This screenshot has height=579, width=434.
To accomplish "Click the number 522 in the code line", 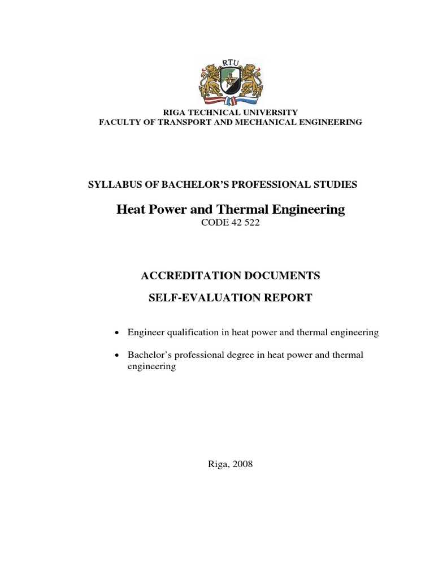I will coord(251,223).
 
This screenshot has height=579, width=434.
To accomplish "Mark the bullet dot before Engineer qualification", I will coord(116,332).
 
